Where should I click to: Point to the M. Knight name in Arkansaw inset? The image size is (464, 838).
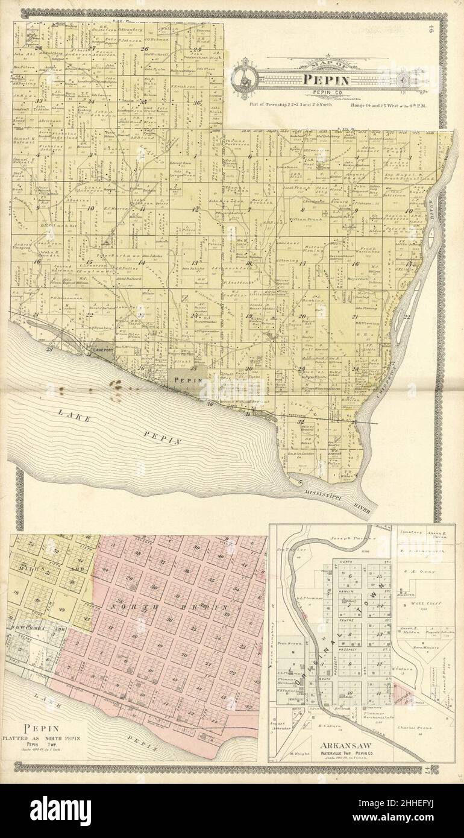298,754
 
